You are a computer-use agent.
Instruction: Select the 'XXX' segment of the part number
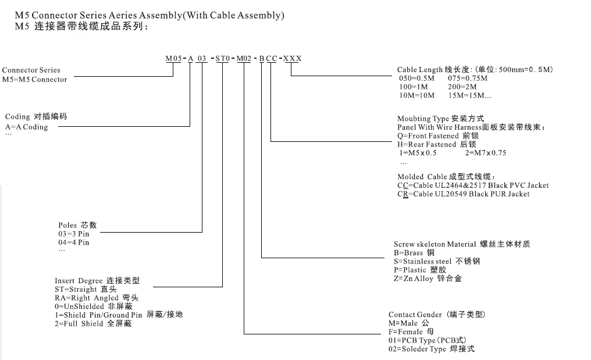point(292,59)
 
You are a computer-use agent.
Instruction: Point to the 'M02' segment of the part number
point(244,59)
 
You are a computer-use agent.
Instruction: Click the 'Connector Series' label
point(31,70)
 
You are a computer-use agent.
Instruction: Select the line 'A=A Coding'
point(27,127)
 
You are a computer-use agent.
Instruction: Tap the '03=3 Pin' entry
point(74,234)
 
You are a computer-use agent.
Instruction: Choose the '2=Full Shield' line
point(93,323)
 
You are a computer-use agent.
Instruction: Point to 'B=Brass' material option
point(414,253)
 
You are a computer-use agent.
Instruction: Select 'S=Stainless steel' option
point(437,262)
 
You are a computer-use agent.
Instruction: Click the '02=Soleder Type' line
point(431,349)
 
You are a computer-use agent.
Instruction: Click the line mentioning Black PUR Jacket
point(464,194)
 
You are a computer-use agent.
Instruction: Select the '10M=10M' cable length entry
point(416,95)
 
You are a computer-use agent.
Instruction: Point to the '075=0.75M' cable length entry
point(468,78)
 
